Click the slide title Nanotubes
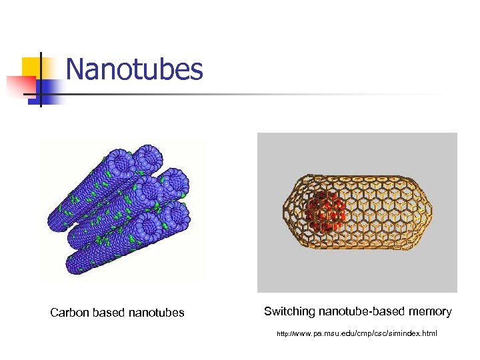(134, 69)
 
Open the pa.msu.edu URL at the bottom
(357, 333)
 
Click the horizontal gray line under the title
(267, 95)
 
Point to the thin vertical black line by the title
(41, 80)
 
